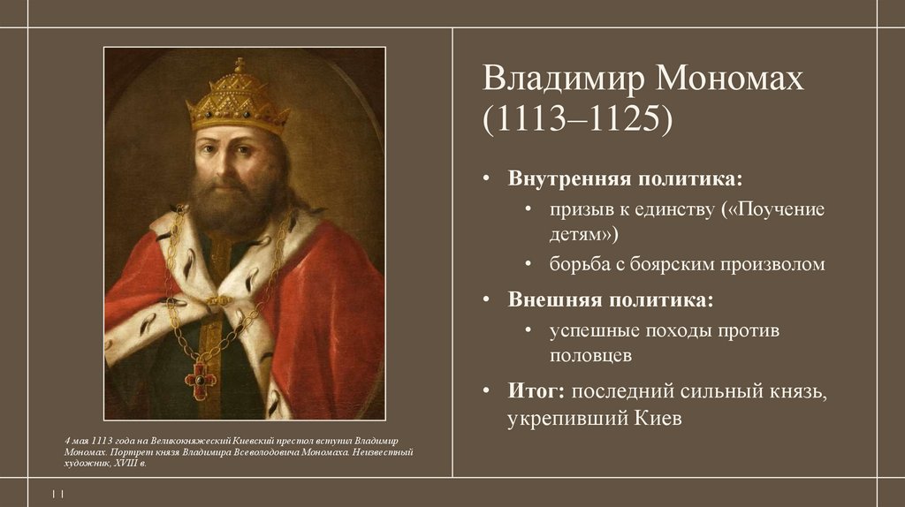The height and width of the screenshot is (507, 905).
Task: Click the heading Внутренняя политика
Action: [625, 178]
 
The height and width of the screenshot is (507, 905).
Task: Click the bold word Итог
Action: [536, 390]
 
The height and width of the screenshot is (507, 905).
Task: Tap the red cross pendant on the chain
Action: [200, 380]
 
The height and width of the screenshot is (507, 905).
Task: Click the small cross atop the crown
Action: [239, 64]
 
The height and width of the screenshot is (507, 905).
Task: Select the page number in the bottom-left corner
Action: [58, 493]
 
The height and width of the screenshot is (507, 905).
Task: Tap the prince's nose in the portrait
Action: [232, 159]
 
